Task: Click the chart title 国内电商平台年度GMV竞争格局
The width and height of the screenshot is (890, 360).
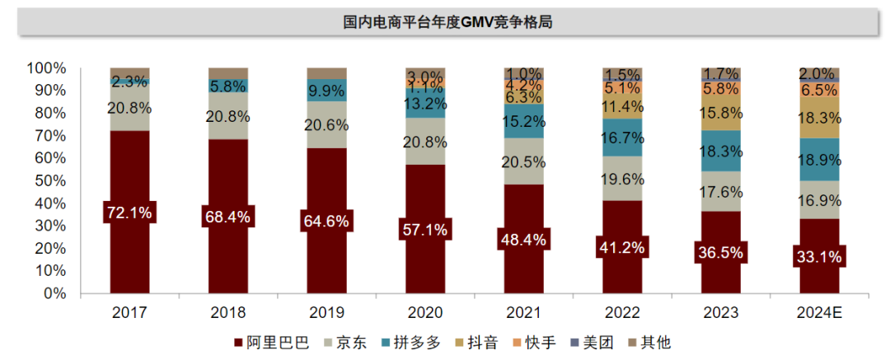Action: click(447, 22)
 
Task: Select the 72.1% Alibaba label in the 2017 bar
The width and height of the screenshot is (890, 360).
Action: click(129, 213)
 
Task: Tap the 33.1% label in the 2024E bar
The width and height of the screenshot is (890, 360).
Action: click(819, 257)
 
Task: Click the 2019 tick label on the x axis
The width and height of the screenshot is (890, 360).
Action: click(326, 314)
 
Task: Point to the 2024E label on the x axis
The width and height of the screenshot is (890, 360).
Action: click(819, 314)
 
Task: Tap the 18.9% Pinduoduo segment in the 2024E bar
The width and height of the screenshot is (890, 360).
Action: click(819, 160)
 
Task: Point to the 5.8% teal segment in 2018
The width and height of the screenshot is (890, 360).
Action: click(228, 85)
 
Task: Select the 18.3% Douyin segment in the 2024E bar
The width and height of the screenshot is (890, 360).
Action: click(819, 119)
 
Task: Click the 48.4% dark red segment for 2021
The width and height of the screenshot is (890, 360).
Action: click(524, 239)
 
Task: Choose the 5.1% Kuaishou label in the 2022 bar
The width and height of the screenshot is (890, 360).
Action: click(622, 88)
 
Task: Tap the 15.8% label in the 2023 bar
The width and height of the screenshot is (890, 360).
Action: click(721, 112)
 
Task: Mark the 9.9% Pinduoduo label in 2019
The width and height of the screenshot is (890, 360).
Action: click(326, 90)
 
